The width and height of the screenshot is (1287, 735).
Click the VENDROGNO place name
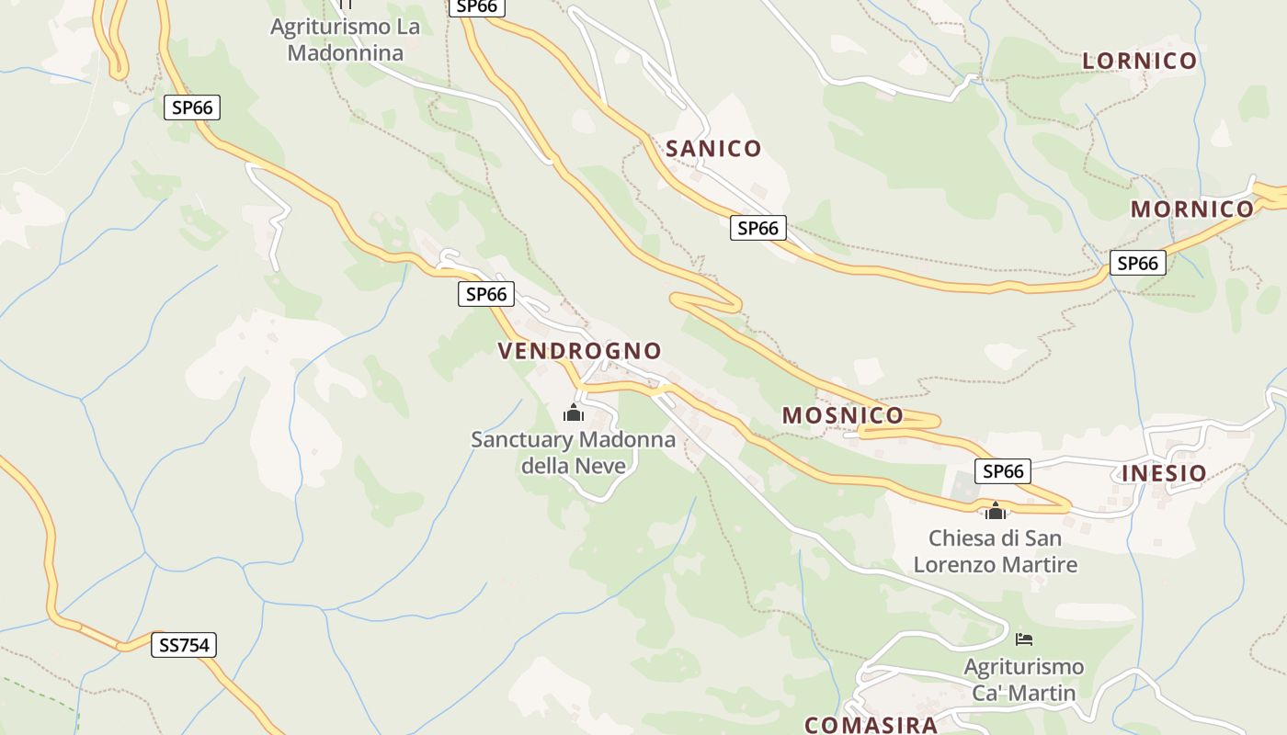pyautogui.click(x=579, y=351)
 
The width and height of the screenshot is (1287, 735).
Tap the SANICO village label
pyautogui.click(x=713, y=149)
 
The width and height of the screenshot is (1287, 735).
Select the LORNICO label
pyautogui.click(x=1140, y=62)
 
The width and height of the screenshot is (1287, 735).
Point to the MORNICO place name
pyautogui.click(x=1192, y=209)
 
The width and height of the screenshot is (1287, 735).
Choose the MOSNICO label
pyautogui.click(x=843, y=415)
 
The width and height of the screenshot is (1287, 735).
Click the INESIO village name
pyautogui.click(x=1164, y=474)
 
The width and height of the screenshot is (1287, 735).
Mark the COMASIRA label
pyautogui.click(x=871, y=724)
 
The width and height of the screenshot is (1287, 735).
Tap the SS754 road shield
pyautogui.click(x=184, y=646)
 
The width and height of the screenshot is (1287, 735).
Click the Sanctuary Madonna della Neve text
pyautogui.click(x=574, y=453)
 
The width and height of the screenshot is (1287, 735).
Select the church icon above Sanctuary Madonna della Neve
pyautogui.click(x=574, y=413)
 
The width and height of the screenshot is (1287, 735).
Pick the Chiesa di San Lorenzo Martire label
pyautogui.click(x=995, y=551)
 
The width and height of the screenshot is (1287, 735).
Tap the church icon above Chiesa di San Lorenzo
pyautogui.click(x=995, y=511)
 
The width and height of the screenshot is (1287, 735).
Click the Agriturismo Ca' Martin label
pyautogui.click(x=1024, y=679)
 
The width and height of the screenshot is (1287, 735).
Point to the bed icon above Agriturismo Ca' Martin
pyautogui.click(x=1024, y=639)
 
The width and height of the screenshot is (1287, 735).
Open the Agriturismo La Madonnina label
pyautogui.click(x=346, y=40)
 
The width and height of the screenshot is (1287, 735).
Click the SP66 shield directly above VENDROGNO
pyautogui.click(x=486, y=295)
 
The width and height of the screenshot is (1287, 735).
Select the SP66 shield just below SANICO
pyautogui.click(x=758, y=228)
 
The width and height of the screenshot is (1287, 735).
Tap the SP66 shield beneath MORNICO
pyautogui.click(x=1138, y=264)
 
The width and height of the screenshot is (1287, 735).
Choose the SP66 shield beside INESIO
pyautogui.click(x=1003, y=471)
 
